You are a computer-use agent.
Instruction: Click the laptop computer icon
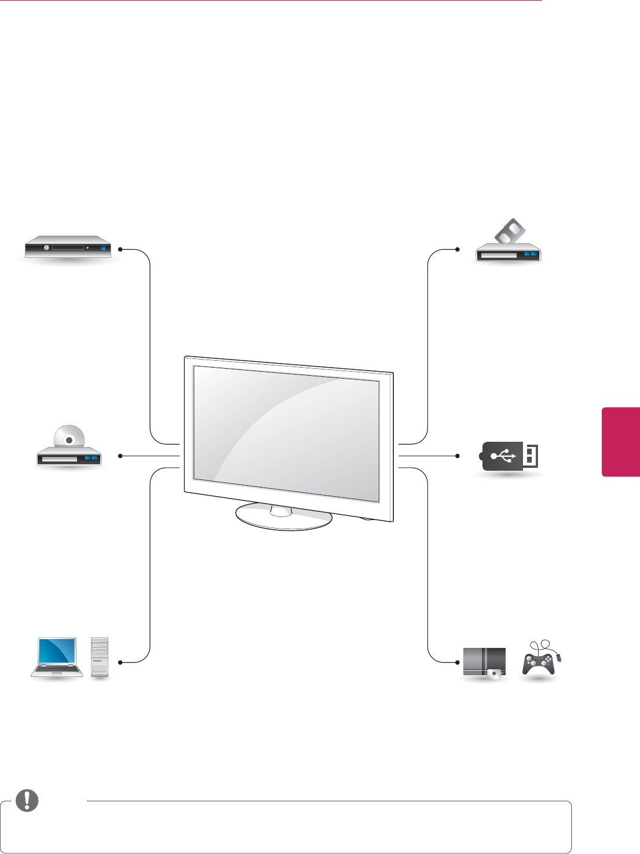coord(57,657)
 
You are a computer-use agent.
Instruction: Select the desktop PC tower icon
coord(100,657)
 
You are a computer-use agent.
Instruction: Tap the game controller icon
coord(539,663)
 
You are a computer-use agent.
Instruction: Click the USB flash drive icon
coord(510,456)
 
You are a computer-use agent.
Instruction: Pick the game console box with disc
coord(485,662)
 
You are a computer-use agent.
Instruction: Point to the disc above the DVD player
coord(70,439)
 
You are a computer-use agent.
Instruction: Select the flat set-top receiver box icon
coord(67,248)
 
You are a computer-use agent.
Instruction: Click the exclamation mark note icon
coord(27,800)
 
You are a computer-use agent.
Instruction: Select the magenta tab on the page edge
coord(621,442)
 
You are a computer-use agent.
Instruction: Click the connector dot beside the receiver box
coord(120,250)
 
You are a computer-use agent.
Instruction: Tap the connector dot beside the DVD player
coord(120,456)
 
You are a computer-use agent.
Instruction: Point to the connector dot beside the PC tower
coord(120,662)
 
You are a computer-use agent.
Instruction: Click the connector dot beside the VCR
coord(457,250)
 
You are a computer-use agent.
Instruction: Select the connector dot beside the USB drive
coord(457,456)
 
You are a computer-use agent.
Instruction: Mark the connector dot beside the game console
coord(457,662)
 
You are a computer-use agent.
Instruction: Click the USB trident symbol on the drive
coord(503,456)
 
